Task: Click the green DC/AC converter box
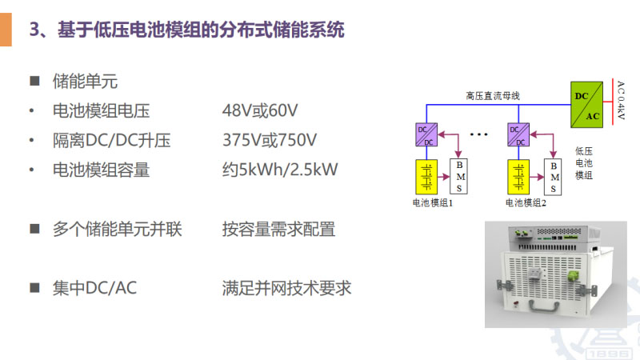[x=586, y=105]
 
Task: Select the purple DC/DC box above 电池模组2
[x=518, y=135]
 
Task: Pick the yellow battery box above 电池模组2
[x=518, y=177]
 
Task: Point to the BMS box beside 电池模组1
[x=460, y=177]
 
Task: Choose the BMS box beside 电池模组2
[x=554, y=177]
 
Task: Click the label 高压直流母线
[x=493, y=96]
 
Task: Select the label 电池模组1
[x=433, y=203]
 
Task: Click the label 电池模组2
[x=526, y=203]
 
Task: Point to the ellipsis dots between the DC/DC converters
[x=478, y=135]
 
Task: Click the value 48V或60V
[x=260, y=111]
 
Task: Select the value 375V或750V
[x=270, y=141]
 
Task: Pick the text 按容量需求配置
[x=278, y=230]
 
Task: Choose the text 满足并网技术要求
[x=286, y=288]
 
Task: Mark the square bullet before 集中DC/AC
[x=34, y=287]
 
